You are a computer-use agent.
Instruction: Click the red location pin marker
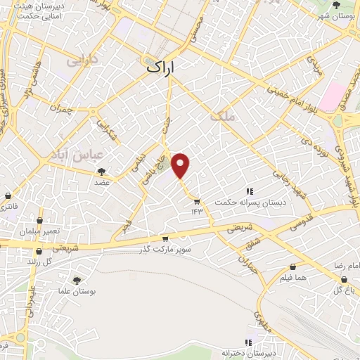point(182,165)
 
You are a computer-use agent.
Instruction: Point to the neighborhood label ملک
point(226,120)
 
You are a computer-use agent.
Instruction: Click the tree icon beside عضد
point(103,171)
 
